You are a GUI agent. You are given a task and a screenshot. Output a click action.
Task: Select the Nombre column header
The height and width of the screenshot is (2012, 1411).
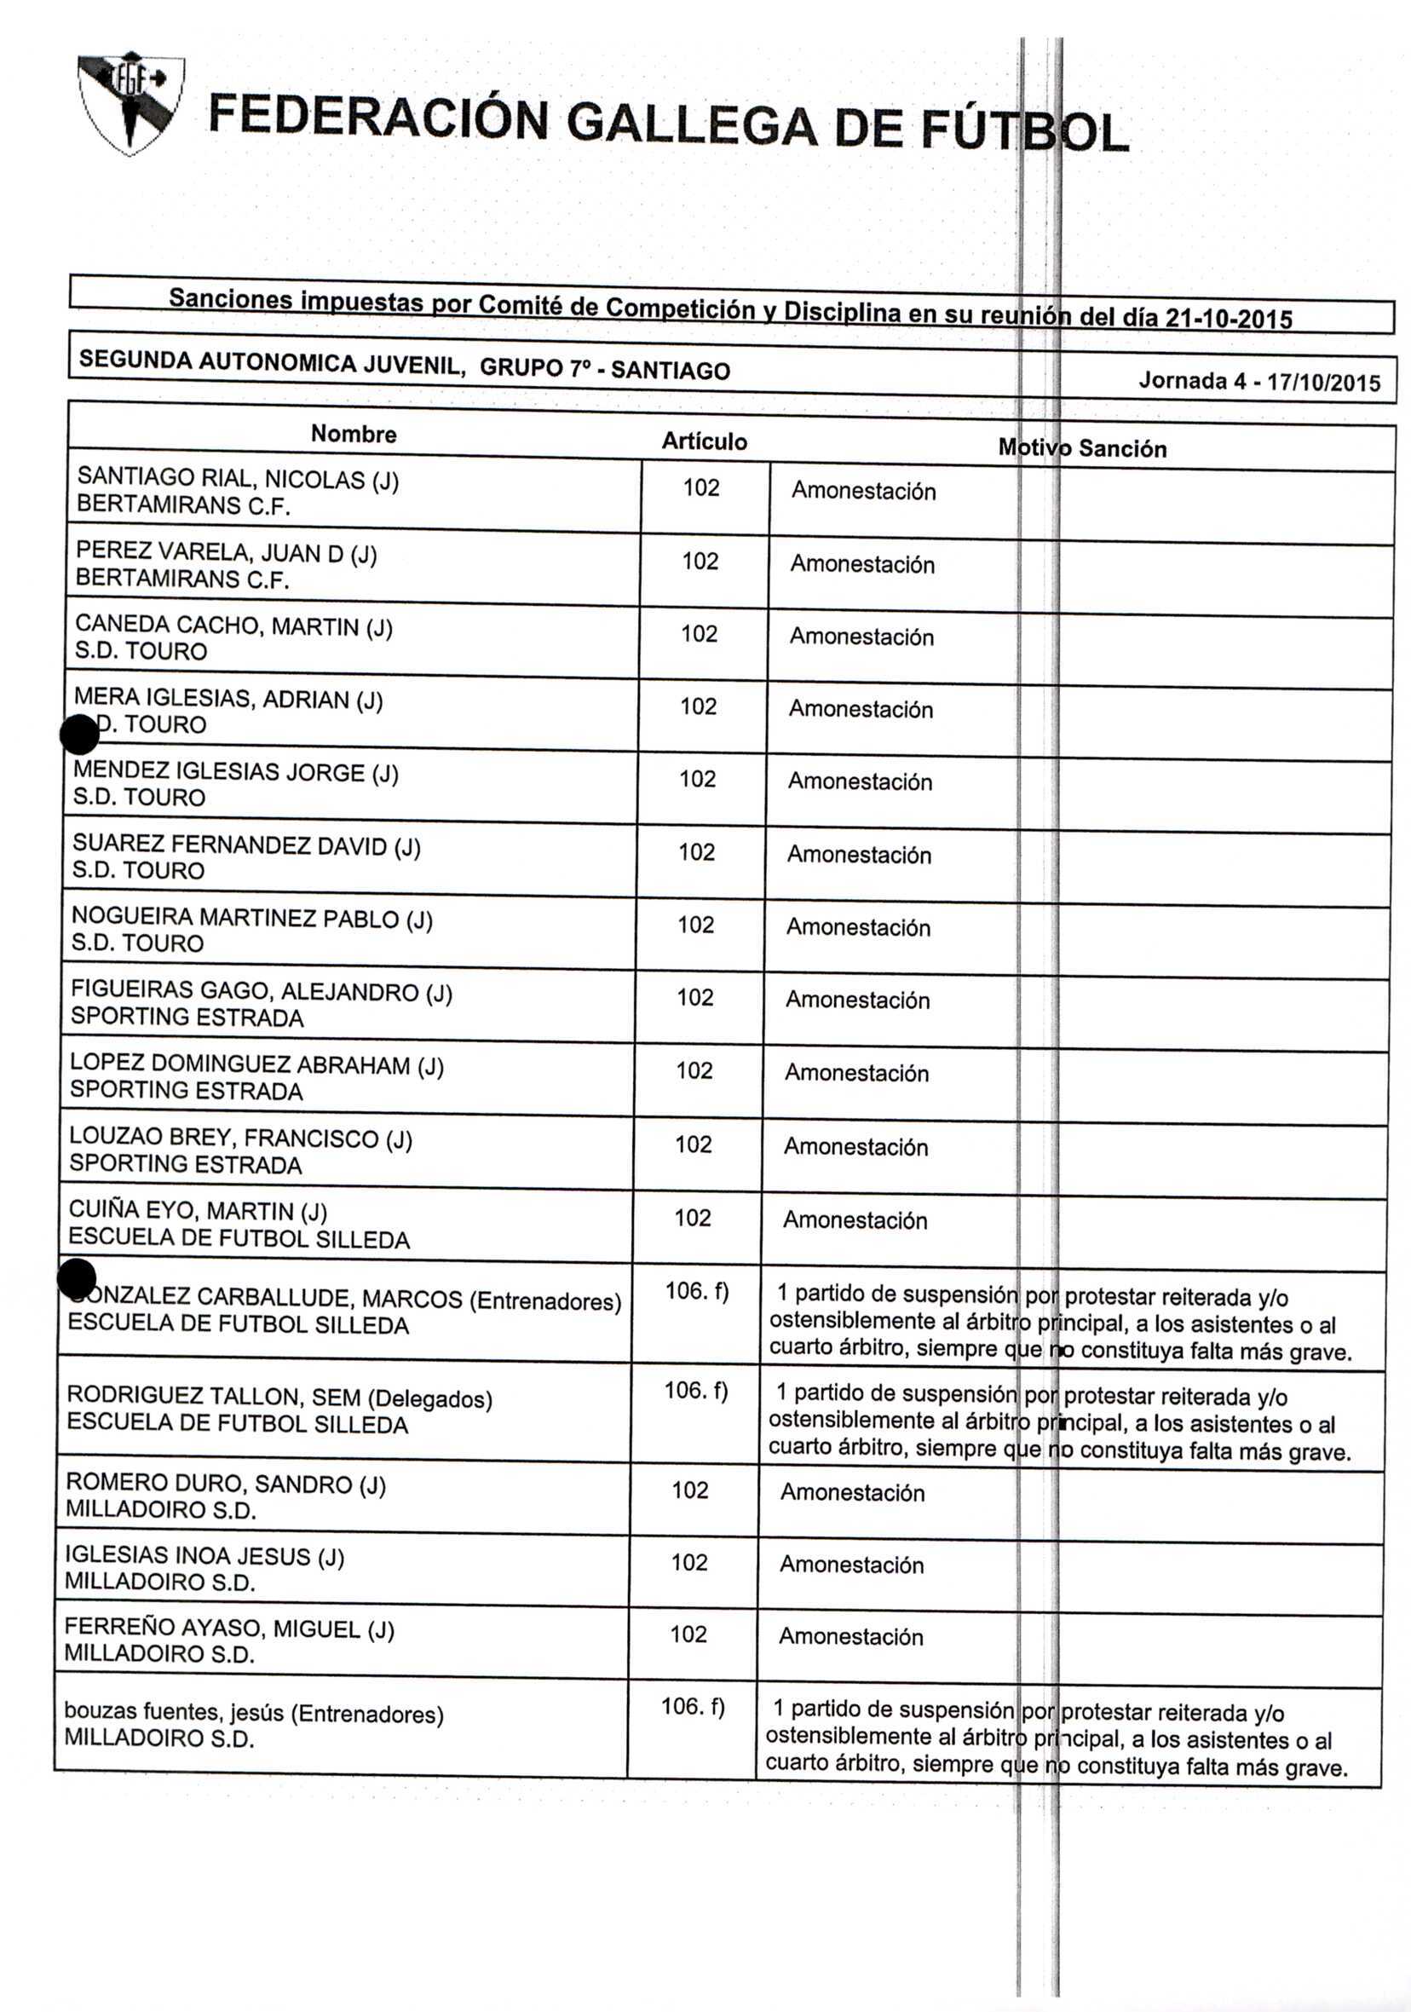354,434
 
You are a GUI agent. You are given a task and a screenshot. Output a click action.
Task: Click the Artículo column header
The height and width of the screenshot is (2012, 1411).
704,441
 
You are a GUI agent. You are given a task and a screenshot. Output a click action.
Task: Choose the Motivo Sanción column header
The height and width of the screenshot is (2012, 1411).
1081,448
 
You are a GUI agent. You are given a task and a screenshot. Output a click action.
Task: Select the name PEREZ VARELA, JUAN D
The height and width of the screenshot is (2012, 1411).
210,552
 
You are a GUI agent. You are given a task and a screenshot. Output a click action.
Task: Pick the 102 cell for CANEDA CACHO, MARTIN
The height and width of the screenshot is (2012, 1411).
699,633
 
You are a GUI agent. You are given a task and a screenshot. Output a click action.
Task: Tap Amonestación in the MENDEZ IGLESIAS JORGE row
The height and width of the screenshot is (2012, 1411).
860,781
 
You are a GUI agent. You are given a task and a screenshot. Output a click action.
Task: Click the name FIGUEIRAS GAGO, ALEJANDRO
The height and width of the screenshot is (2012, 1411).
245,991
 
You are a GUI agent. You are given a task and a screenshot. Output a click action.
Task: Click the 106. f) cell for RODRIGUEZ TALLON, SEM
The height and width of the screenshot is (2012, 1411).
696,1391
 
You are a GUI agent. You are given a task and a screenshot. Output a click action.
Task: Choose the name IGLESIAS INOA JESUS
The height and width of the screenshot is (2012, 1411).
187,1555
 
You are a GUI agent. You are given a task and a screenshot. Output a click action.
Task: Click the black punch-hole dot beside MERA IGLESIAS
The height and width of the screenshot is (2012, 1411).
80,735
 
